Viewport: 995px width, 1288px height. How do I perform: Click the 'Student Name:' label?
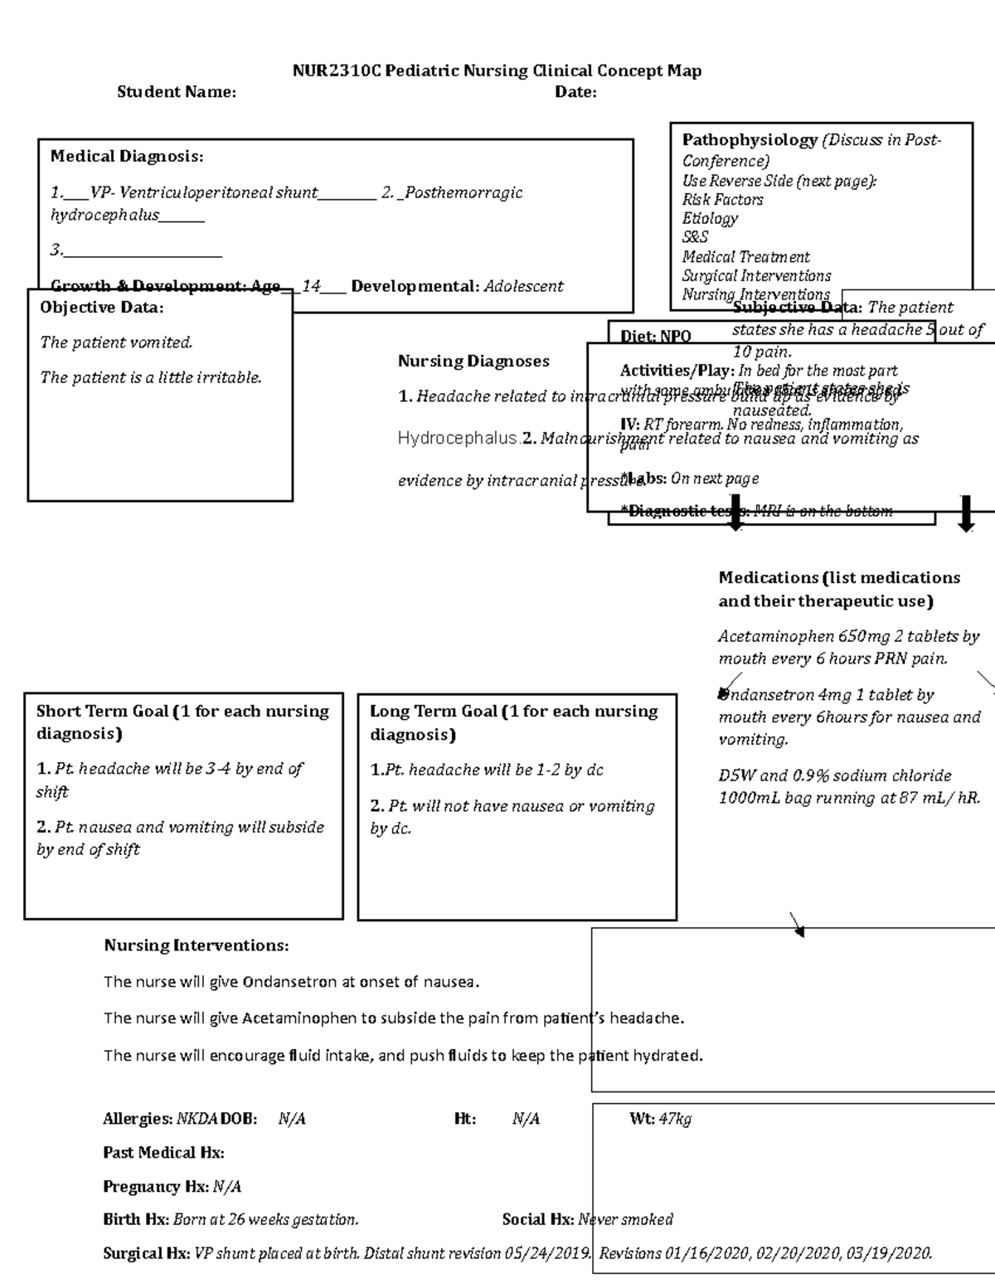click(176, 92)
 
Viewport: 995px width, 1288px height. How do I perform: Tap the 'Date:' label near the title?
click(575, 92)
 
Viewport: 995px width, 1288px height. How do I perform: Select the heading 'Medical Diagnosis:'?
click(126, 156)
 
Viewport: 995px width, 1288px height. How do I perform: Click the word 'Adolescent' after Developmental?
click(523, 286)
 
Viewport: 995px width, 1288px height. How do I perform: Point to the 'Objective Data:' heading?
click(101, 308)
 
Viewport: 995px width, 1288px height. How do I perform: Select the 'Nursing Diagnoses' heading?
click(473, 361)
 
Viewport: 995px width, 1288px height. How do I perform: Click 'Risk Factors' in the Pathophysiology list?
click(722, 200)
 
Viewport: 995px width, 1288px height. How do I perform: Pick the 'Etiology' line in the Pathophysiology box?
click(710, 219)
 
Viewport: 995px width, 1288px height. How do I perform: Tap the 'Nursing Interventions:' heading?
click(196, 945)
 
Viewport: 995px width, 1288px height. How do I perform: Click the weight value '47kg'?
click(675, 1120)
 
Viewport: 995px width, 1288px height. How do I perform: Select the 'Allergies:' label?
click(138, 1120)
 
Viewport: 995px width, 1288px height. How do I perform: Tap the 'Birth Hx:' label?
click(135, 1220)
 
